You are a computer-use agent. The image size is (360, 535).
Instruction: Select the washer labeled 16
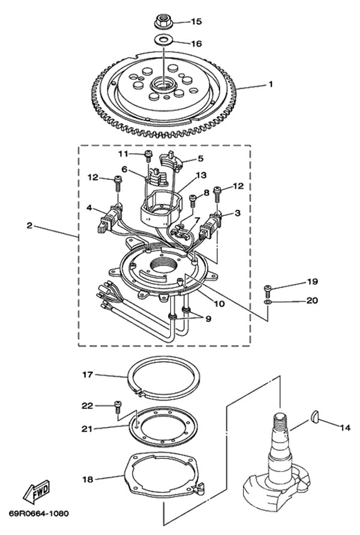pos(163,40)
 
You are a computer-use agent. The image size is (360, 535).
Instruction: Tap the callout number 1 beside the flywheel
pos(271,83)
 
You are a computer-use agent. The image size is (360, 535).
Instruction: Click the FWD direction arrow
pos(37,492)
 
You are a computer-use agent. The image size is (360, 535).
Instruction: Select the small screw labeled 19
pos(267,289)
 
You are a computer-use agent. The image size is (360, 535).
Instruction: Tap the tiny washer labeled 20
pos(268,302)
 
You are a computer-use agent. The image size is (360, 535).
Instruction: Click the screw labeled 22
pos(118,405)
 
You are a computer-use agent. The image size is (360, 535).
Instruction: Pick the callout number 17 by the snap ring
pos(88,375)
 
